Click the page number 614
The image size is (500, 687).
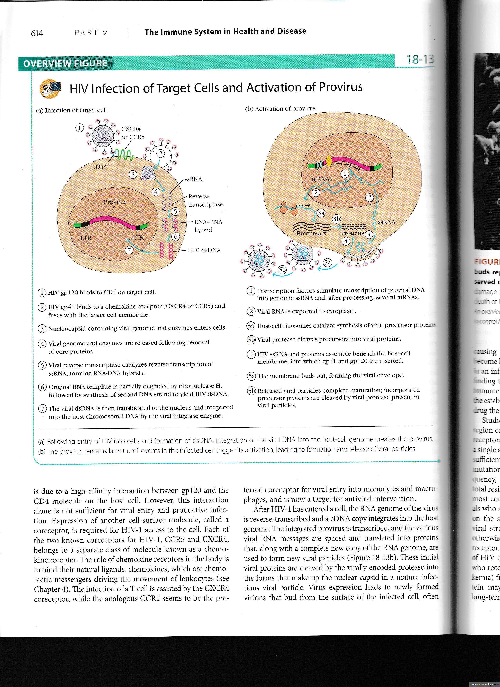[x=37, y=33]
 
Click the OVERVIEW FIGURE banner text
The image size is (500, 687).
[x=65, y=63]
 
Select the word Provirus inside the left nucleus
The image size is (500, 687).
[x=115, y=202]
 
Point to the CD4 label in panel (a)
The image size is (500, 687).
[x=97, y=167]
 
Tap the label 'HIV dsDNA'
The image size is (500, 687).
[x=204, y=250]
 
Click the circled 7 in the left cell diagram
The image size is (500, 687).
[x=130, y=250]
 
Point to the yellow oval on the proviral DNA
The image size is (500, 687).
[x=329, y=161]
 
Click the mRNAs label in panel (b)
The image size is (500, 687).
[x=322, y=179]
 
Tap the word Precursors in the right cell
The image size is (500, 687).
[x=311, y=234]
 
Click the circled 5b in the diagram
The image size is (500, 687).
[x=282, y=270]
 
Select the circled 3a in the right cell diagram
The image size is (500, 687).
[x=321, y=213]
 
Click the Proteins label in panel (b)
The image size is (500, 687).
[x=352, y=233]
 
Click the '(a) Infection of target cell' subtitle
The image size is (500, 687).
[x=72, y=110]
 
